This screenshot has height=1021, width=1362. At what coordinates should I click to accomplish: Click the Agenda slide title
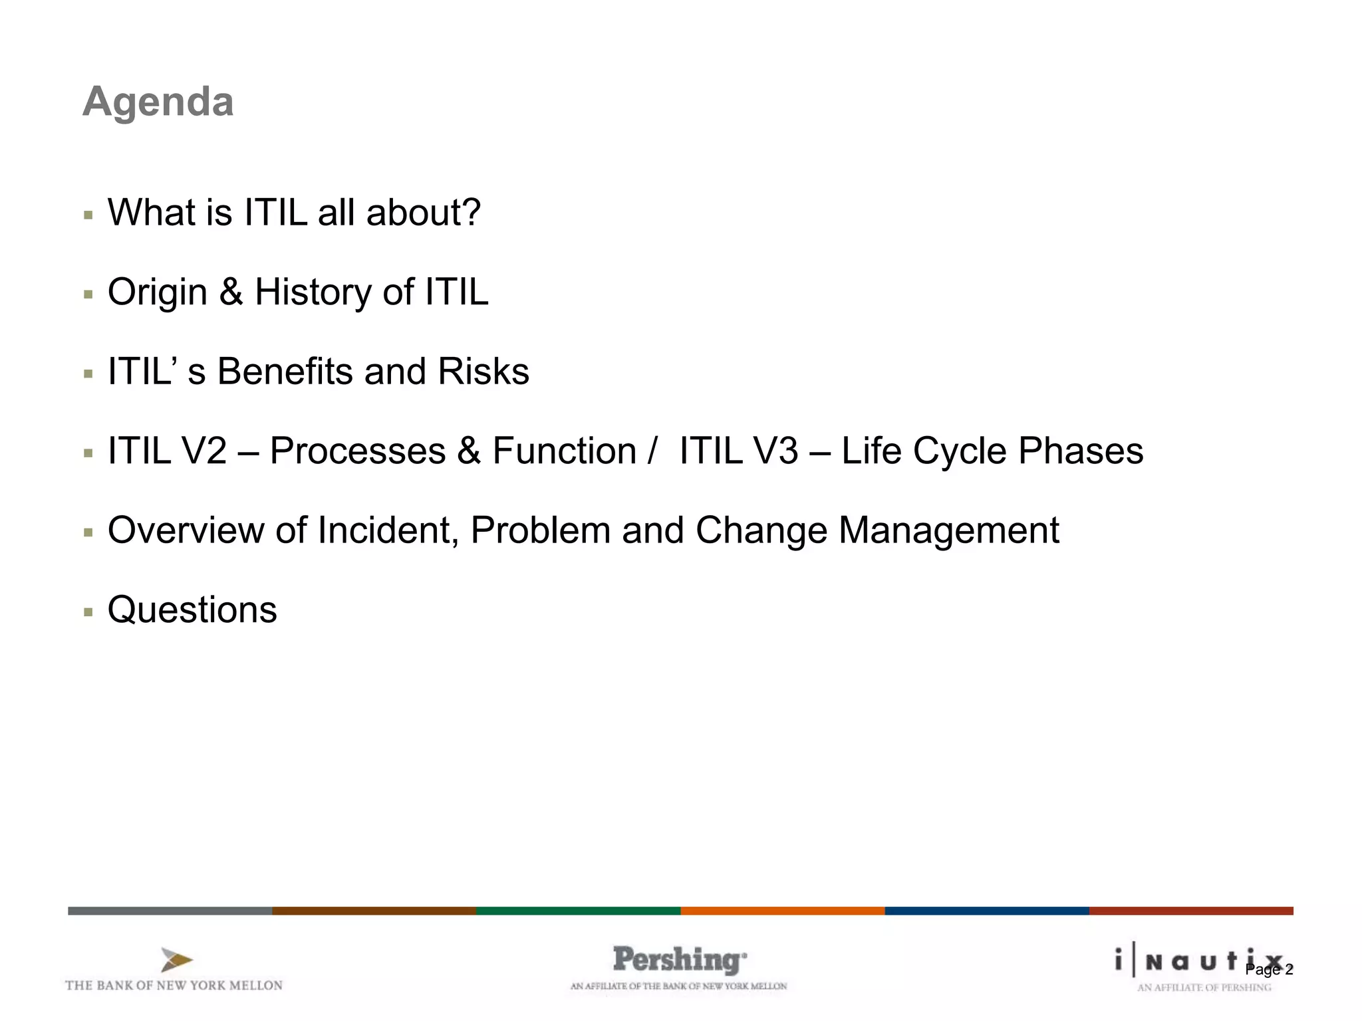click(158, 102)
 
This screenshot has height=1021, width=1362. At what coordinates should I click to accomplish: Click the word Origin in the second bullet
click(158, 292)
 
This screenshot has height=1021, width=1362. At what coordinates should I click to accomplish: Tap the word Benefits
click(285, 372)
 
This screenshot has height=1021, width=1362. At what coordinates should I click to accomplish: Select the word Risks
click(483, 372)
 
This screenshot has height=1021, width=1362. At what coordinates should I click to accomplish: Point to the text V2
click(205, 451)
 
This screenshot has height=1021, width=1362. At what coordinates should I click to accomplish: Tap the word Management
click(948, 530)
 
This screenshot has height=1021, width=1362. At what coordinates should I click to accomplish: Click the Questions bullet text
click(192, 610)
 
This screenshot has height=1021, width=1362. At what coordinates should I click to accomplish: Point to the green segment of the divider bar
click(578, 911)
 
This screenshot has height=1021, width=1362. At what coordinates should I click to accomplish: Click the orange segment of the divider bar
click(782, 911)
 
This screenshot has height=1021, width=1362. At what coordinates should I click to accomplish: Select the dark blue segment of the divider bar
click(986, 911)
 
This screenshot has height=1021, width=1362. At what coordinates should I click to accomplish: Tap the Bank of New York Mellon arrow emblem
click(176, 960)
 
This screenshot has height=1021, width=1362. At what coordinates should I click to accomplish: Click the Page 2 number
click(1270, 970)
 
